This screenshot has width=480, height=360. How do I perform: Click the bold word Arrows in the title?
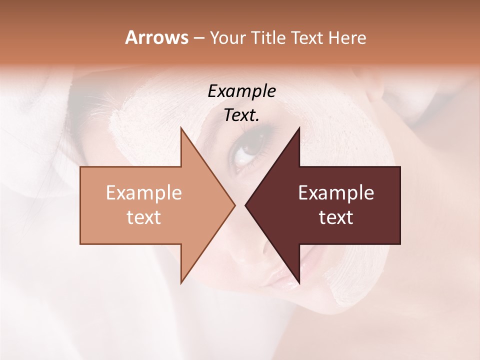point(157,37)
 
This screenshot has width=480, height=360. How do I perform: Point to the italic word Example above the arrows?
point(242,91)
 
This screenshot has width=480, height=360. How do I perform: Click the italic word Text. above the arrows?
point(242,115)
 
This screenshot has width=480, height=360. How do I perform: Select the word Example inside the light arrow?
point(144,192)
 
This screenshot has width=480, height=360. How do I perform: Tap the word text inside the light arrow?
point(144,217)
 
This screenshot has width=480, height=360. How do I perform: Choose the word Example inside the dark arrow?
point(336,192)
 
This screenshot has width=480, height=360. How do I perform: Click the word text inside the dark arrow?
point(336,217)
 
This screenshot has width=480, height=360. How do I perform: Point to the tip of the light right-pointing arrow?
point(235,205)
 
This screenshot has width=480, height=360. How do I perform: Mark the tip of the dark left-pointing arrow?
point(245,205)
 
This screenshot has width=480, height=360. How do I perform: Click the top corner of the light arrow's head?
point(181,127)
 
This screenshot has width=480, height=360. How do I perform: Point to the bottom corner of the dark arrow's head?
point(299,283)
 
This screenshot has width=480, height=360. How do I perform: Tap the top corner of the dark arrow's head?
point(299,127)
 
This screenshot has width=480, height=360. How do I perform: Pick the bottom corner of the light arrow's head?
point(181,283)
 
